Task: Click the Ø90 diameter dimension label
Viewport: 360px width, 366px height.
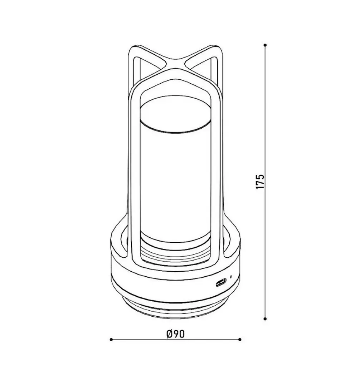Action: pyautogui.click(x=176, y=334)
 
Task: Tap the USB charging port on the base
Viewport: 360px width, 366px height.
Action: pyautogui.click(x=221, y=283)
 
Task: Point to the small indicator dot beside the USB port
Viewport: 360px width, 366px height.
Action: pyautogui.click(x=231, y=277)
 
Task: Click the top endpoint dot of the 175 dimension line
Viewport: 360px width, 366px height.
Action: pyautogui.click(x=265, y=45)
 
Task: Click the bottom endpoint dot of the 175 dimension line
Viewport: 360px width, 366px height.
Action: pyautogui.click(x=265, y=318)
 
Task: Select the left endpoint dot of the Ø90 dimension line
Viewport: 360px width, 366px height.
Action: pyautogui.click(x=111, y=340)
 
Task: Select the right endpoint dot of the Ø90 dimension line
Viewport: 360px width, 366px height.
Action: pyautogui.click(x=240, y=340)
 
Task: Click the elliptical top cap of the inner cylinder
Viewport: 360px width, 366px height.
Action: pyautogui.click(x=175, y=115)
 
